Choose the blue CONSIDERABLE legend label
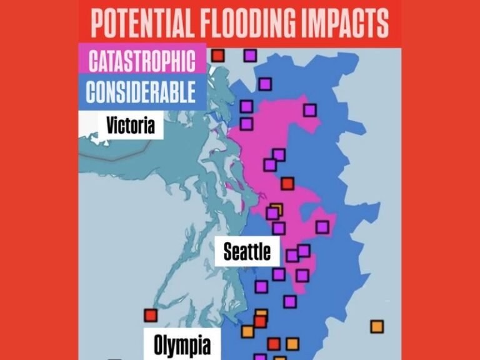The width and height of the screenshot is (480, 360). click(x=141, y=92)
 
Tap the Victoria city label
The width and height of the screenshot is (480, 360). click(x=130, y=125)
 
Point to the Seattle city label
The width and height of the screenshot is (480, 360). click(x=247, y=251)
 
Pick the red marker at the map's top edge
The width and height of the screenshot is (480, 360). click(x=217, y=56)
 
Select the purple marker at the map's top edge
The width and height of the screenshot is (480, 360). click(x=250, y=56)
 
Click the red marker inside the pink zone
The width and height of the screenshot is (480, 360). click(x=287, y=183)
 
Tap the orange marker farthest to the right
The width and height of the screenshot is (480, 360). click(x=376, y=326)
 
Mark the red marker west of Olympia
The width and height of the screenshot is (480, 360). click(x=150, y=314)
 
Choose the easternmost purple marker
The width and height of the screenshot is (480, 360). click(x=322, y=227)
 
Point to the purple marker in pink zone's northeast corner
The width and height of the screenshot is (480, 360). click(x=310, y=110)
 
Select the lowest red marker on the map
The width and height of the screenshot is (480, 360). click(x=274, y=343)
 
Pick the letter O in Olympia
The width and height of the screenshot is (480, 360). click(x=159, y=344)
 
